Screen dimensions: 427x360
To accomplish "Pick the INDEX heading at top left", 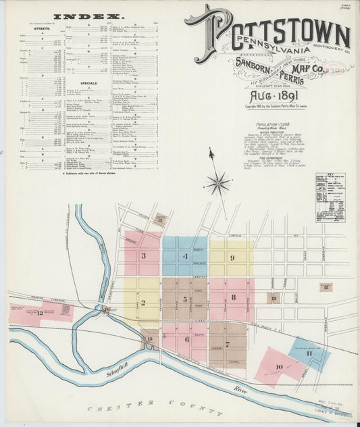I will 79,16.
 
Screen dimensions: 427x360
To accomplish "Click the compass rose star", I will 217,180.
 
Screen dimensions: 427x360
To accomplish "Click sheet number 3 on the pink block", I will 143,256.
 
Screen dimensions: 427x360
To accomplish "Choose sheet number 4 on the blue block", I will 184,256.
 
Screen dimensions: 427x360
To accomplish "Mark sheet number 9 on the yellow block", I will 232,257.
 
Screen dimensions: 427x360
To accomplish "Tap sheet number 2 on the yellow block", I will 143,303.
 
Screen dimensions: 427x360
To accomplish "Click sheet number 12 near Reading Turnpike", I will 39,313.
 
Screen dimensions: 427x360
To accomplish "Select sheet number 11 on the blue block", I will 309,353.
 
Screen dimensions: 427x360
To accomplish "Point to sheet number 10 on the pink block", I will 279,367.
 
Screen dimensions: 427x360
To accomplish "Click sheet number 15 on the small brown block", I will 326,287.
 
